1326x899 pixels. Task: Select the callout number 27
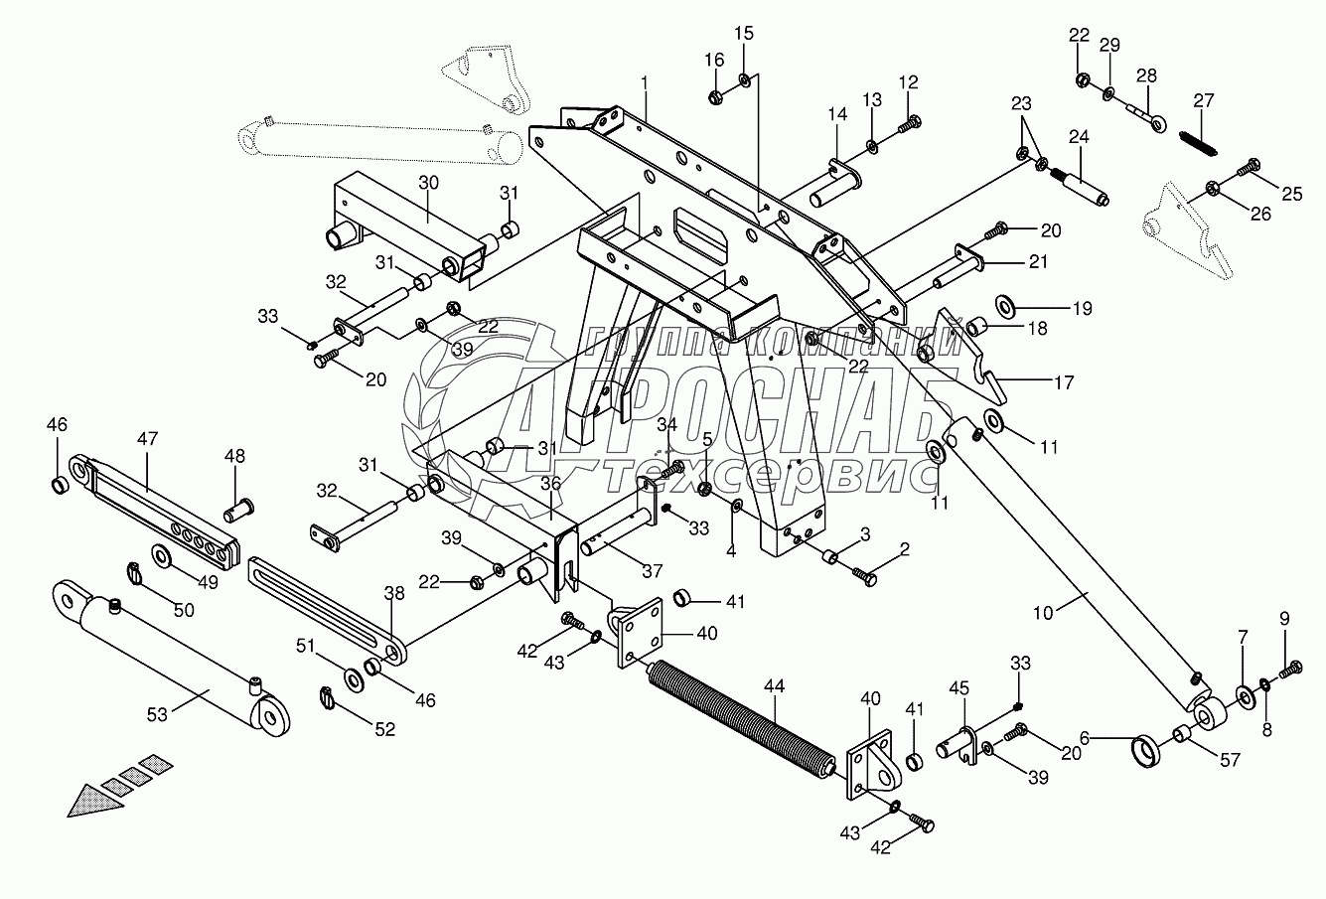(1204, 99)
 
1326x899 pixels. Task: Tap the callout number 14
(837, 115)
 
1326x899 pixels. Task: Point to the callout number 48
(234, 456)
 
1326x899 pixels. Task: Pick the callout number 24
(1079, 136)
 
